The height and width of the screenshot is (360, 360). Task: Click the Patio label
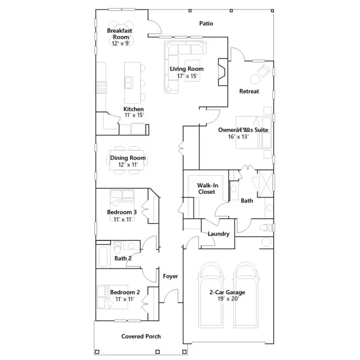coord(206,24)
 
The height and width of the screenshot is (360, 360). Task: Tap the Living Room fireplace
coord(223,72)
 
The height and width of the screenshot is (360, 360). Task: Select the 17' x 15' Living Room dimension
coord(187,76)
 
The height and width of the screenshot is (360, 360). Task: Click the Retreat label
coord(249,91)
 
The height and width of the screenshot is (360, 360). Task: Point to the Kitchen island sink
coord(129,83)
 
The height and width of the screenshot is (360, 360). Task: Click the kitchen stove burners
coord(101,88)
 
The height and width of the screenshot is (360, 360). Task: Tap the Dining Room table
coord(127,160)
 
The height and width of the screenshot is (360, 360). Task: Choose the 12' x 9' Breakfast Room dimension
coord(121,43)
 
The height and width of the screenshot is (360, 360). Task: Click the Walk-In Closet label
coord(208,188)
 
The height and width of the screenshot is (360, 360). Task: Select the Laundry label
coord(218,234)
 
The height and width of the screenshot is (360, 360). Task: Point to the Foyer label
coord(170,276)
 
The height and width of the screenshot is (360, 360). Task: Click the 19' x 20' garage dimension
coord(228,299)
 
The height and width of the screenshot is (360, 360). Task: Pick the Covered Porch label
coord(141,336)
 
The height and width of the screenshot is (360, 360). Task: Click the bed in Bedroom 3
coord(122,201)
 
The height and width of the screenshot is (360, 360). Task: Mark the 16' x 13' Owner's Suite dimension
coord(238,137)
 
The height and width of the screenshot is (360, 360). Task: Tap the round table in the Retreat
coord(255,79)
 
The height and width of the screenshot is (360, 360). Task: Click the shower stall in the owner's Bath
coord(265,184)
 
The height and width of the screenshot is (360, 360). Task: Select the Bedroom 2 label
coord(125,292)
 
